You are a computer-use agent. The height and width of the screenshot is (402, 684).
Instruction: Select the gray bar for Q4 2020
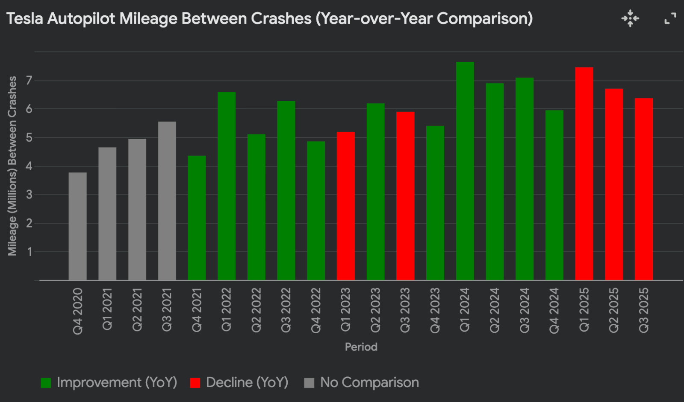click(77, 226)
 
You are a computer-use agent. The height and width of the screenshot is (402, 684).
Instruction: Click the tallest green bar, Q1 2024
click(465, 171)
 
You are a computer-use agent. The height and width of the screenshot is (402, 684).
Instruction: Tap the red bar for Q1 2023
click(345, 206)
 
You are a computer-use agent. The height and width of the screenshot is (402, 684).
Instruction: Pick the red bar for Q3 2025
click(643, 189)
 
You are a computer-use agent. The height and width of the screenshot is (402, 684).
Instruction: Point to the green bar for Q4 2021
click(197, 218)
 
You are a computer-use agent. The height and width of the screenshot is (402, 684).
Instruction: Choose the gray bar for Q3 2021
click(167, 201)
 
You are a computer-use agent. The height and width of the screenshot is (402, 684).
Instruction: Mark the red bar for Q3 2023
click(405, 196)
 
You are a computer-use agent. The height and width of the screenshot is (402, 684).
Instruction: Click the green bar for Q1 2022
click(227, 186)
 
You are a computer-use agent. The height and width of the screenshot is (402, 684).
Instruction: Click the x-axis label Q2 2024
click(495, 310)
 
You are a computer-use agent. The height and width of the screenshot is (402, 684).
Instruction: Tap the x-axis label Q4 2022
click(316, 310)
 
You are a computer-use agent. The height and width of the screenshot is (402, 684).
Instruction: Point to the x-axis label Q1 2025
click(584, 310)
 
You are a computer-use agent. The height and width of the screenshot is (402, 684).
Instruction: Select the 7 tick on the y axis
click(29, 81)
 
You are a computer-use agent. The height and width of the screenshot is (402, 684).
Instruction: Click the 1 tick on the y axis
click(29, 252)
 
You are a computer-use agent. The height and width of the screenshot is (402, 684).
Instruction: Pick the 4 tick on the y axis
click(29, 166)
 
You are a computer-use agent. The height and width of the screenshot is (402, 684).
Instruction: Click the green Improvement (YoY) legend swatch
click(46, 383)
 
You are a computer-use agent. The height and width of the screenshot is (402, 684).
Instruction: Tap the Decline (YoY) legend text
click(247, 382)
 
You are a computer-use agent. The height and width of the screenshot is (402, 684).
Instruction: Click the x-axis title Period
click(361, 347)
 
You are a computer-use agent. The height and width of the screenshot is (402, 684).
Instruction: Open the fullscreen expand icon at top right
click(670, 18)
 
